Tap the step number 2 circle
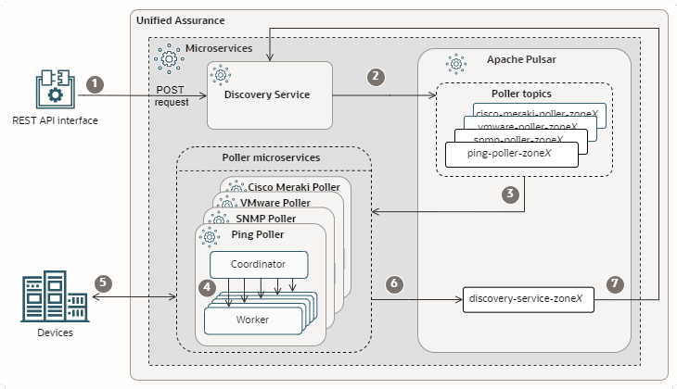376,76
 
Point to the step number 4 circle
207,287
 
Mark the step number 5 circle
103,282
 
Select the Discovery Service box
269,94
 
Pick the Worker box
253,319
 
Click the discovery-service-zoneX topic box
526,299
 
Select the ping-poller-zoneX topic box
510,153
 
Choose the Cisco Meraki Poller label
294,186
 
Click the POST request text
172,94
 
